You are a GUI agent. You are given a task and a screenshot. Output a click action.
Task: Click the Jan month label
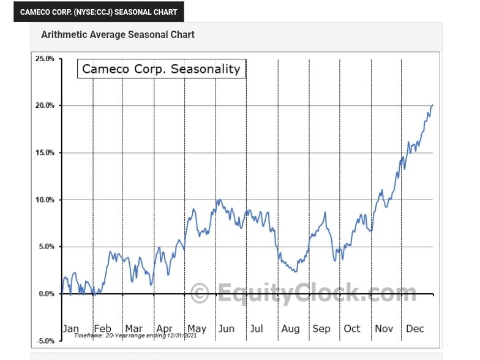pos(71,329)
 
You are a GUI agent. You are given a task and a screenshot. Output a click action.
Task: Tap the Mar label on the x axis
pos(134,329)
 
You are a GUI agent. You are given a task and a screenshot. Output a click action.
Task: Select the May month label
pos(197,329)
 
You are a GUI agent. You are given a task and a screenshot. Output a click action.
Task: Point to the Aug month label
pos(290,329)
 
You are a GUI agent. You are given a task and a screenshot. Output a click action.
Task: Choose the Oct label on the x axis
pos(352,329)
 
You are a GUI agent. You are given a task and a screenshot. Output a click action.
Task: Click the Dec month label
pos(415,329)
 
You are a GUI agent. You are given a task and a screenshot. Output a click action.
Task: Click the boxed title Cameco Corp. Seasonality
pos(161,69)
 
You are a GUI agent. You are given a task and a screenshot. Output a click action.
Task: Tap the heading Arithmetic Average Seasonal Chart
pos(118,35)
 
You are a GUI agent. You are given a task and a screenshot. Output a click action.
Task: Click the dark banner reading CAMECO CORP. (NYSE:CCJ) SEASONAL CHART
pos(99,12)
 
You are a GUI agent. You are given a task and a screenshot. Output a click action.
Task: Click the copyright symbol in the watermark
pos(200,293)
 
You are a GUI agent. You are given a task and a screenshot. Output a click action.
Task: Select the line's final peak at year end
pos(432,105)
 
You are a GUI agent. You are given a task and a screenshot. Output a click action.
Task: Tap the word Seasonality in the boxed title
pos(205,69)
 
